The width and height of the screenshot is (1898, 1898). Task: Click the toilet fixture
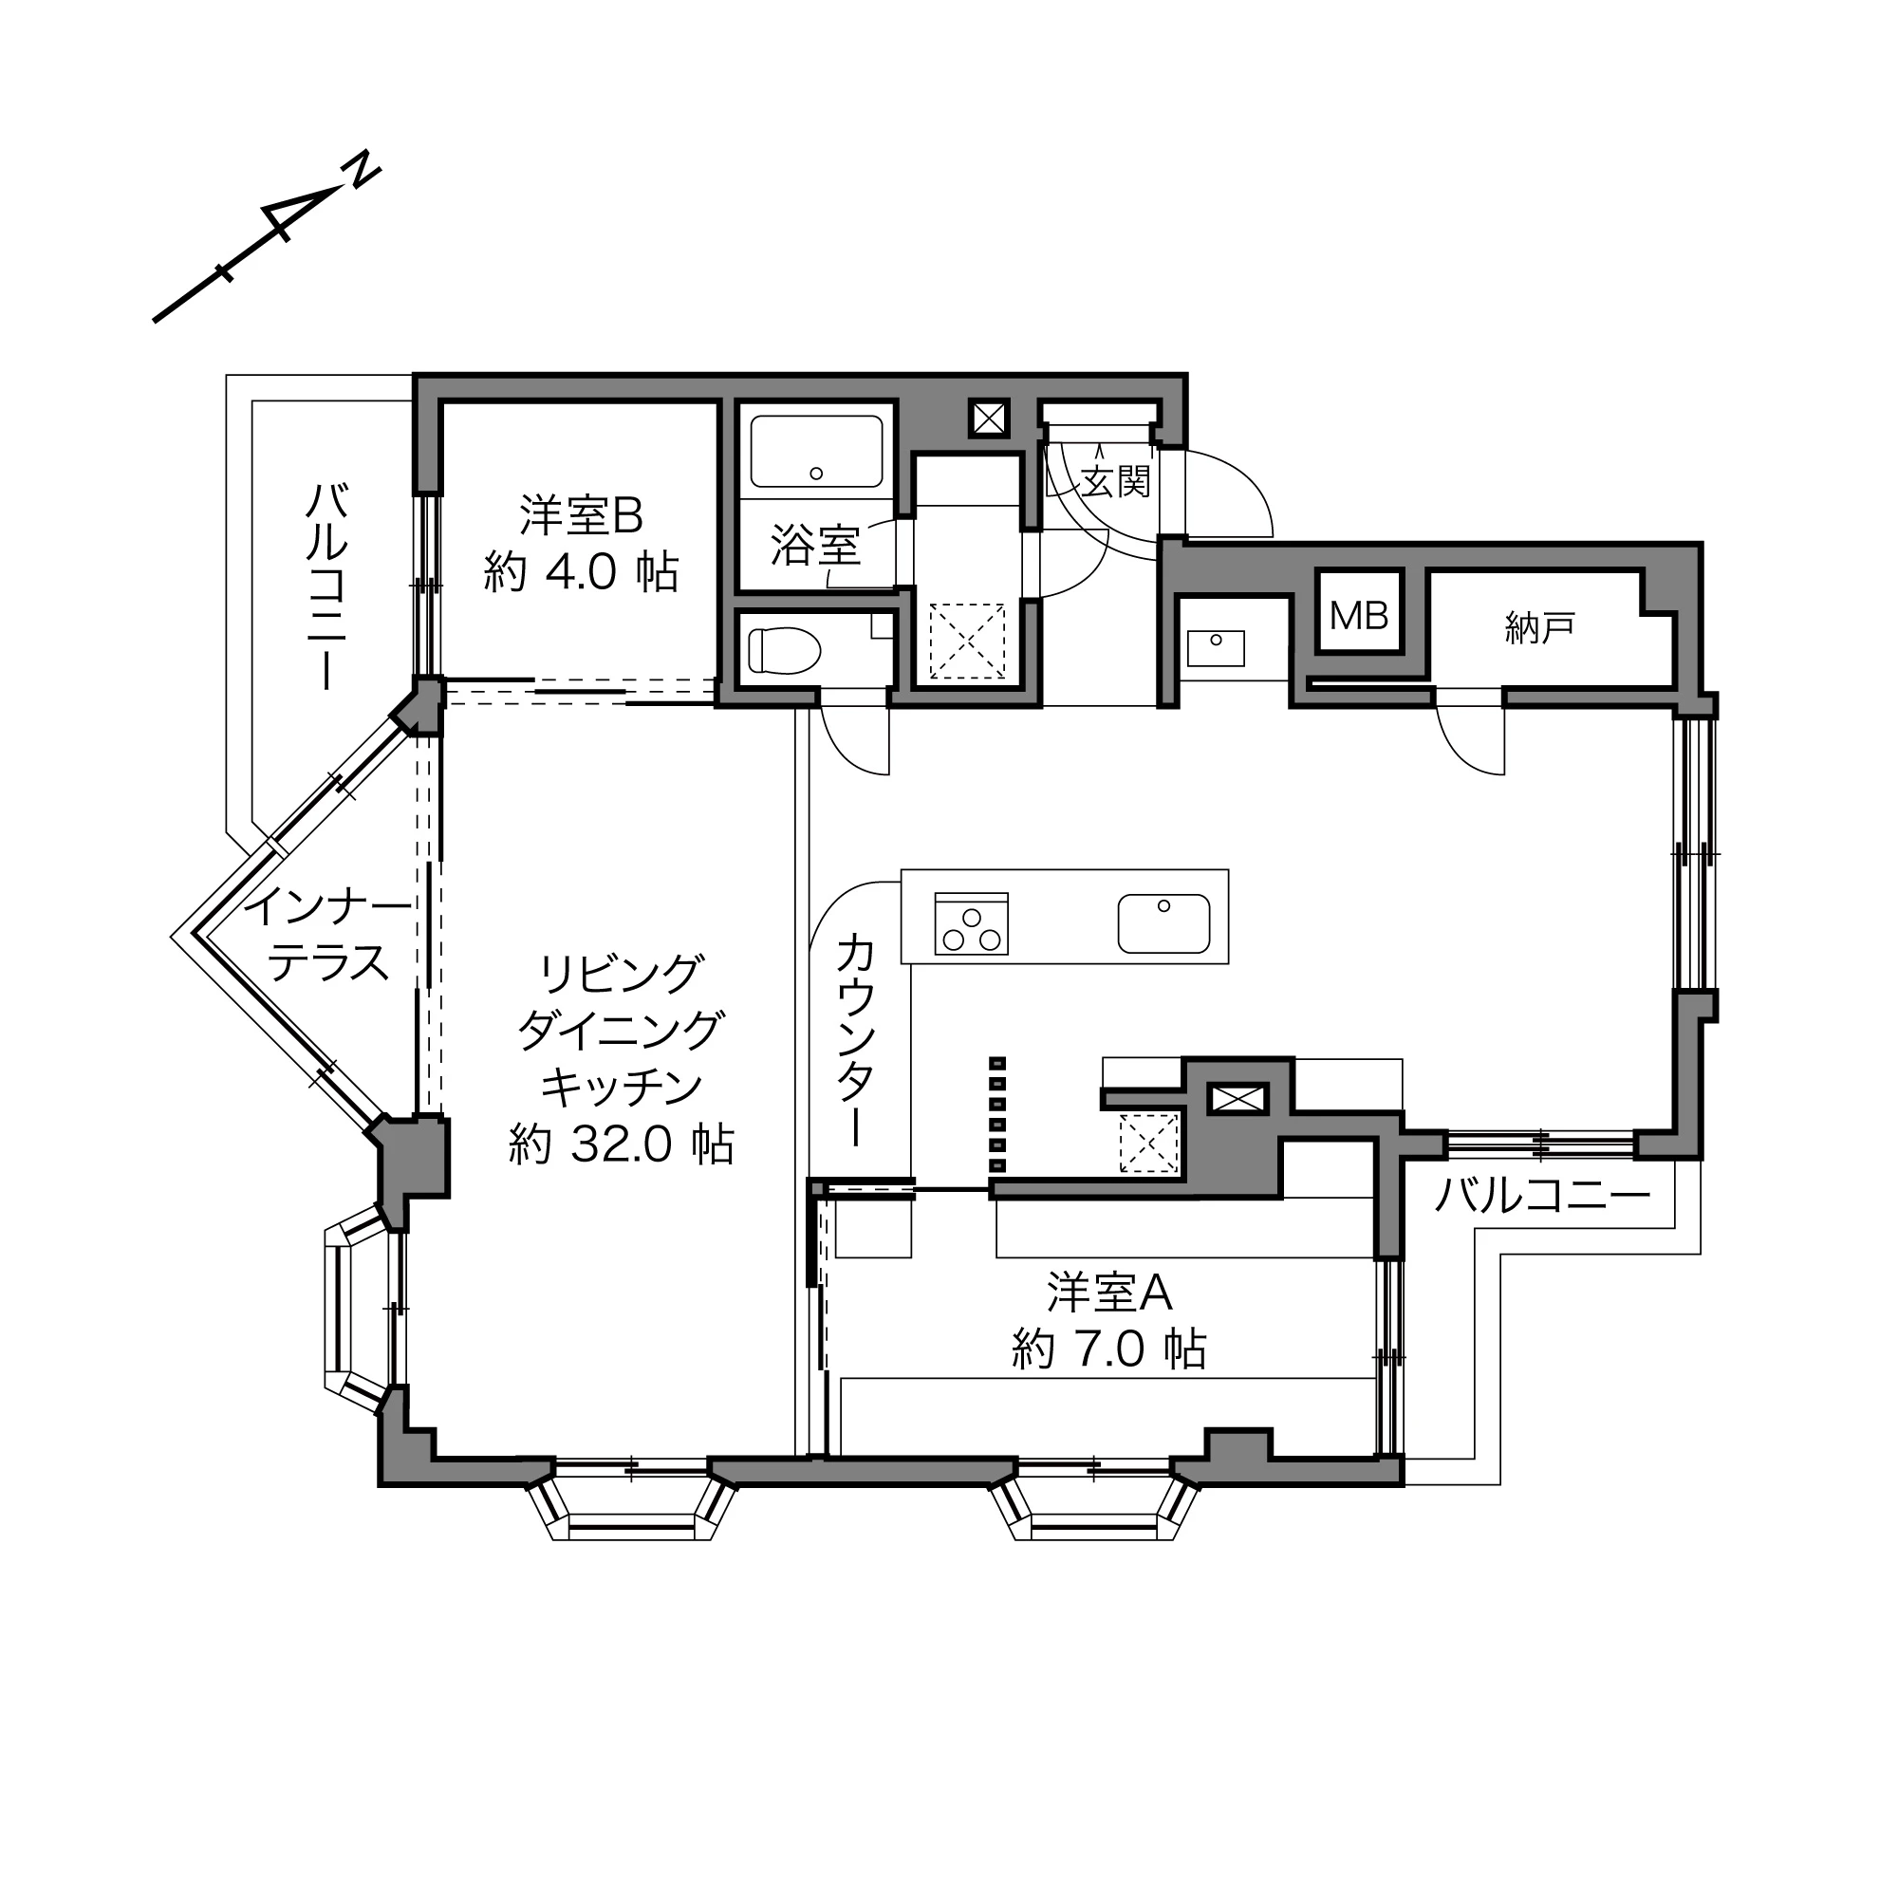784,650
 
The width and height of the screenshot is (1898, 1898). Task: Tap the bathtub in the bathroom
815,451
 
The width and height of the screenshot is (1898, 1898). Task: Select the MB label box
1360,615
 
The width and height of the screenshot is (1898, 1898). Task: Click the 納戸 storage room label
1539,626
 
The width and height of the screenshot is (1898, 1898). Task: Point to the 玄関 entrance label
1115,481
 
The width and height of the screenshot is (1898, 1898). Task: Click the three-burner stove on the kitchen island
972,923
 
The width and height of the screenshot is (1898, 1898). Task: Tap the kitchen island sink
1163,923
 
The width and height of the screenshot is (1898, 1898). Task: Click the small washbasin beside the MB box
1216,647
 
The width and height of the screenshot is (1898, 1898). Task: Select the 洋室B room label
581,514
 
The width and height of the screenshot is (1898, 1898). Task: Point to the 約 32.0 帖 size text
621,1144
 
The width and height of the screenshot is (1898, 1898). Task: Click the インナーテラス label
327,933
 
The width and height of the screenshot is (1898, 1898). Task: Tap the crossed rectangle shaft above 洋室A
1237,1098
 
